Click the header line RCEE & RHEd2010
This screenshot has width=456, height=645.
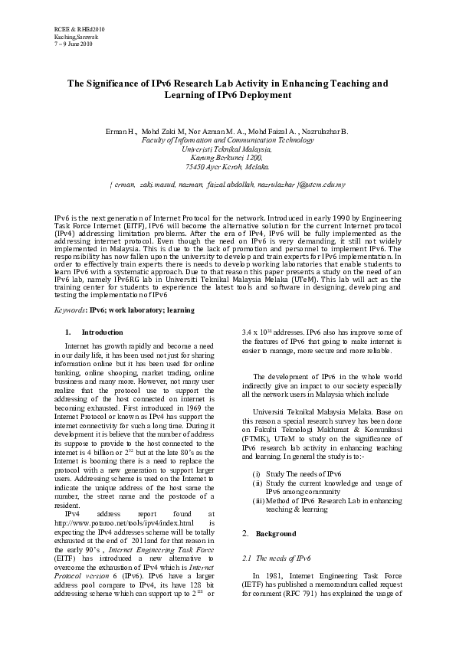click(79, 28)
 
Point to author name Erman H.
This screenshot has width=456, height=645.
click(120, 132)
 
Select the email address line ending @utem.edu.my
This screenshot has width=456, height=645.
click(228, 185)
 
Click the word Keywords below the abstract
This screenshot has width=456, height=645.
click(71, 309)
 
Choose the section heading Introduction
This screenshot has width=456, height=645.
click(102, 332)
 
